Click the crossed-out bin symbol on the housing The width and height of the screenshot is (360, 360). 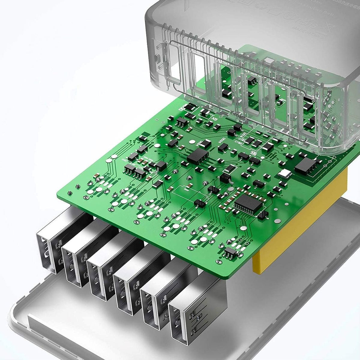tap(331, 29)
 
